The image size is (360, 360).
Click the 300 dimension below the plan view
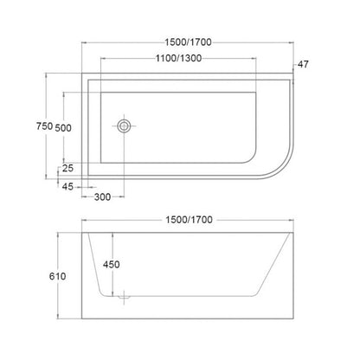coord(103,196)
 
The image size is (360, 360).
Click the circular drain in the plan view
coord(125,126)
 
